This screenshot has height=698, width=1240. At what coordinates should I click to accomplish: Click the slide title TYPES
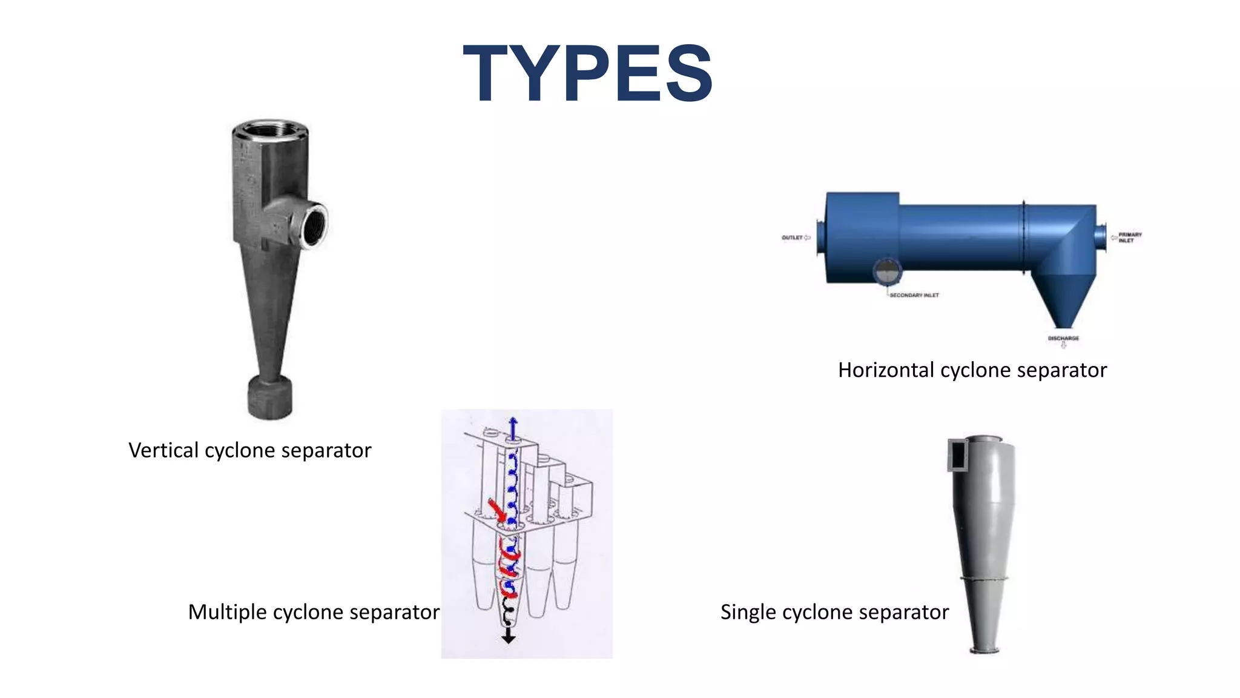587,74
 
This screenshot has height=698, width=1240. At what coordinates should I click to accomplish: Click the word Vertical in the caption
163,450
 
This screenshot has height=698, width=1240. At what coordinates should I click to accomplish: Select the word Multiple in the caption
228,612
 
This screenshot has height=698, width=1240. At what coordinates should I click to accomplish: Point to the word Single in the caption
748,612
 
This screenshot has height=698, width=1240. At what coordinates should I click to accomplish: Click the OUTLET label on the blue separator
792,238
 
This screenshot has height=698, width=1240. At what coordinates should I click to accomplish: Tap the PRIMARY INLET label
1129,237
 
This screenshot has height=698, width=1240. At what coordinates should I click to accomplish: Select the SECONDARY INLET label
914,295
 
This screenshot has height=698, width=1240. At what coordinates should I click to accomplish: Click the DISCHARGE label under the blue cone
1063,338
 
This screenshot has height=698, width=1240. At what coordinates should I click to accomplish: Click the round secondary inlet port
887,272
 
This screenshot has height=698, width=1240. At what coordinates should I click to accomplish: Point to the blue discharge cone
1063,300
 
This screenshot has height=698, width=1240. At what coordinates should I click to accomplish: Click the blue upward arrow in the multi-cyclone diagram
513,427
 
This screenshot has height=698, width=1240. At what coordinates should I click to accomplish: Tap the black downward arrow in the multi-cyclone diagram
509,636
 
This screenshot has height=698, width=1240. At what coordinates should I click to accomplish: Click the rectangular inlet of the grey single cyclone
958,455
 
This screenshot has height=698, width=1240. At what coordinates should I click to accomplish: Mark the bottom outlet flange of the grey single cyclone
984,651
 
